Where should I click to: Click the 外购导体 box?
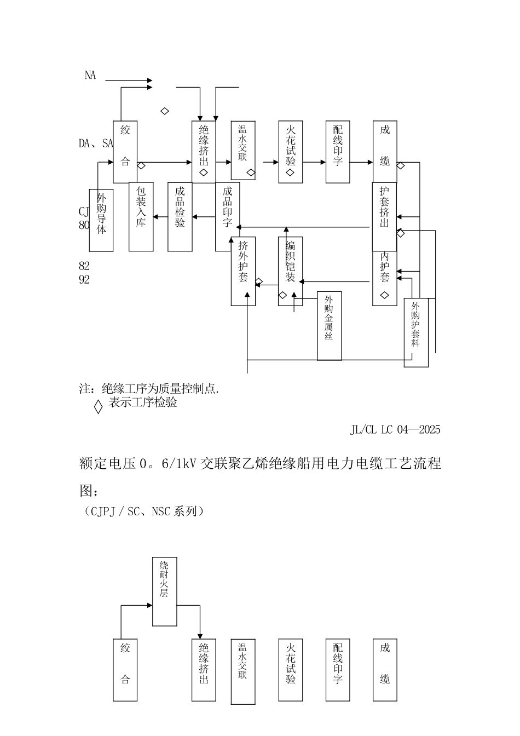[x=101, y=220]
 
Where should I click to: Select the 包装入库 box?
[x=141, y=216]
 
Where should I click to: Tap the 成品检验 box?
[x=180, y=216]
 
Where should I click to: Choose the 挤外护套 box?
[x=243, y=271]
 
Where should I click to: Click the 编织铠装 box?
[x=290, y=271]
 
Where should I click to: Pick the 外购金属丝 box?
[x=330, y=326]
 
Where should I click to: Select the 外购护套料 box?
[x=416, y=332]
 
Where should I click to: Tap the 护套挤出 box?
[x=384, y=216]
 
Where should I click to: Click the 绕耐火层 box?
[x=164, y=591]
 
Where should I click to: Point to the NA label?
[x=90, y=76]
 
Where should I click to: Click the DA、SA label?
[x=96, y=143]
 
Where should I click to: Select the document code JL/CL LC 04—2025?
[x=395, y=429]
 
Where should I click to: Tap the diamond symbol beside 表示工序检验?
[x=98, y=407]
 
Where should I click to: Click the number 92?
[x=84, y=280]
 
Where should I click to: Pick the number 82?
[x=84, y=266]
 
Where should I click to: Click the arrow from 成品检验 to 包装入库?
[x=160, y=217]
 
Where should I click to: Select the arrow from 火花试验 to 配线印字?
[x=314, y=162]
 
